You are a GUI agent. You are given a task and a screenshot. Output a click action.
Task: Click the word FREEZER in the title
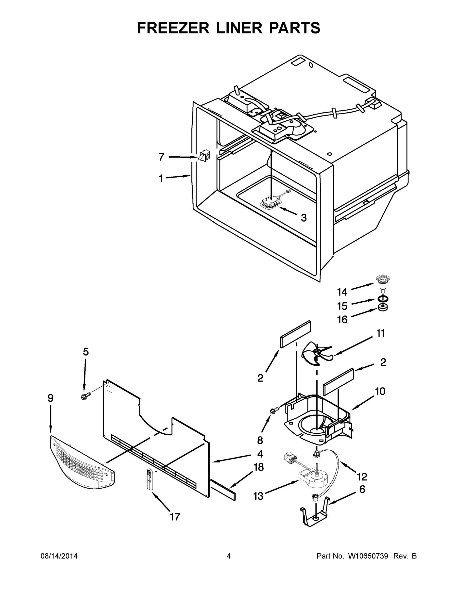(x=173, y=28)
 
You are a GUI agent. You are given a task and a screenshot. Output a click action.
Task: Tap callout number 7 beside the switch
(x=161, y=157)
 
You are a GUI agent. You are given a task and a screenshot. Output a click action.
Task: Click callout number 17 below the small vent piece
(x=175, y=517)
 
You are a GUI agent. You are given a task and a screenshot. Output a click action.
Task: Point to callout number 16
(x=342, y=320)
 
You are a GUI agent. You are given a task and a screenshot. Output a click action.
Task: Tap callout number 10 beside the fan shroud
(x=380, y=391)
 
